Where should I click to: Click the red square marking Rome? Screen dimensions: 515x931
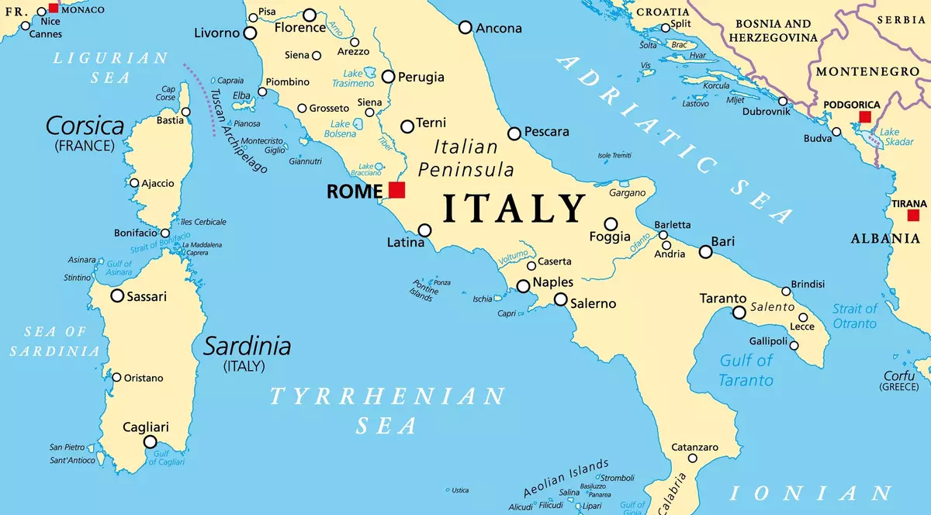397,190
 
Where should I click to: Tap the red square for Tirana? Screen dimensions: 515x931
913,216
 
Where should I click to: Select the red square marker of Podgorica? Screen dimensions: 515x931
865,117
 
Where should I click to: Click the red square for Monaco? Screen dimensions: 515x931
54,8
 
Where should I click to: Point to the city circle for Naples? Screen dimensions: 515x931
524,286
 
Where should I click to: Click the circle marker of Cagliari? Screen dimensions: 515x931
150,442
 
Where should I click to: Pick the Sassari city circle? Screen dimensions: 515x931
117,296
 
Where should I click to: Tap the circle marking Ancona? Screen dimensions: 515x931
465,27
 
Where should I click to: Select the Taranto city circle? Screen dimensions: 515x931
739,312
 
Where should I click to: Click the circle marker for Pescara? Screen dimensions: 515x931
514,133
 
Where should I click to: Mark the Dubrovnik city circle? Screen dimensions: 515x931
783,102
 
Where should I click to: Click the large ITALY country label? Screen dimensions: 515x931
514,209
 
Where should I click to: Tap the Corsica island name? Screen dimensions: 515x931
85,126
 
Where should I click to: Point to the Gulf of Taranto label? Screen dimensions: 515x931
746,370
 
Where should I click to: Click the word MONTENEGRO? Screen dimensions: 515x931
867,71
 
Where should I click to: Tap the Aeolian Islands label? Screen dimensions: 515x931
565,479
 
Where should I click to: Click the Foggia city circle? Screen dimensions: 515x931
611,224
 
